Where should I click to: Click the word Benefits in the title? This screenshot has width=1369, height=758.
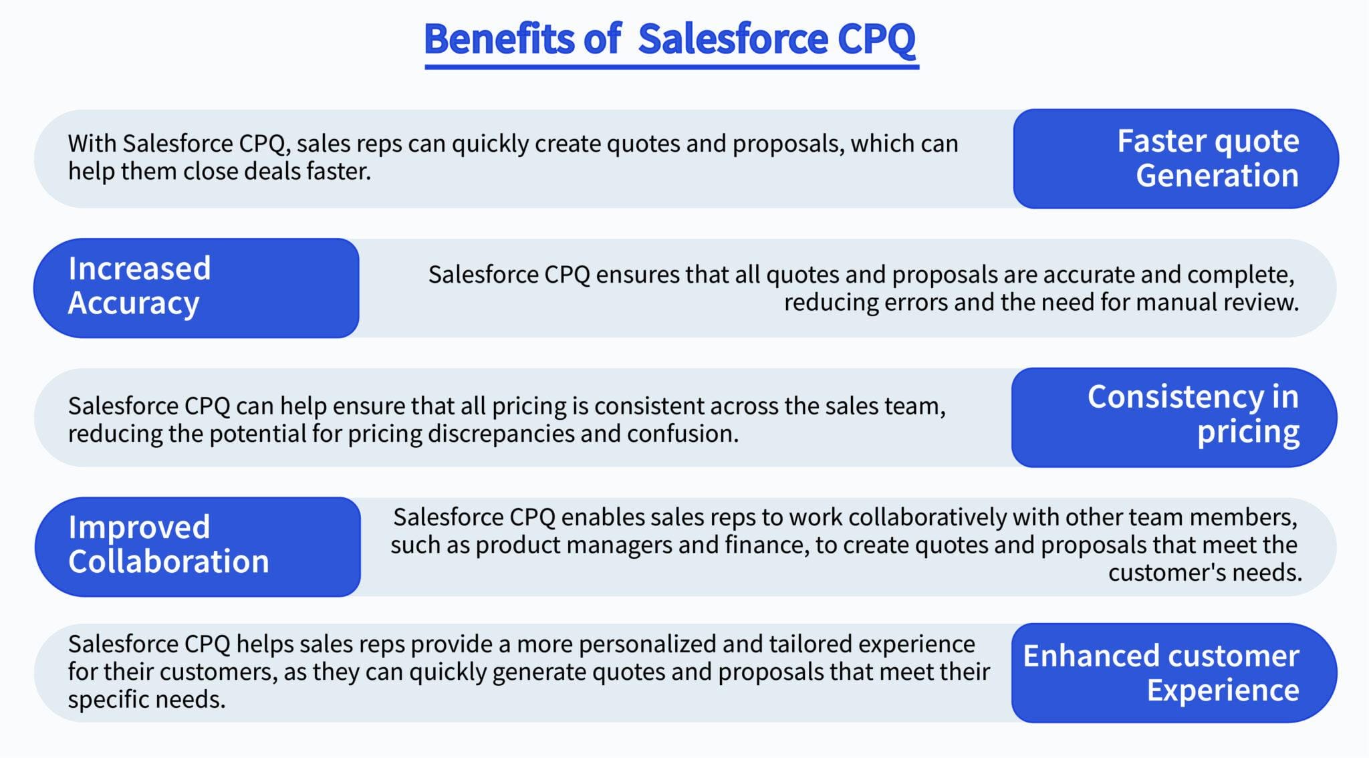(x=499, y=39)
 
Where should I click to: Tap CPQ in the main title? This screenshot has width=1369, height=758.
(x=876, y=39)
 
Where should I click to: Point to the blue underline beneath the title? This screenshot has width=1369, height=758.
(x=671, y=66)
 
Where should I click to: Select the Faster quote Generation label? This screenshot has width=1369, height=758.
(x=1175, y=158)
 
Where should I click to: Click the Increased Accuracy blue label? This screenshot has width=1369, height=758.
(x=196, y=287)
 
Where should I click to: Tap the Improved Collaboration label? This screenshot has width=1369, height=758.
(x=197, y=545)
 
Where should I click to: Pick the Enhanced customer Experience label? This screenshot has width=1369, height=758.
(x=1174, y=672)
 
